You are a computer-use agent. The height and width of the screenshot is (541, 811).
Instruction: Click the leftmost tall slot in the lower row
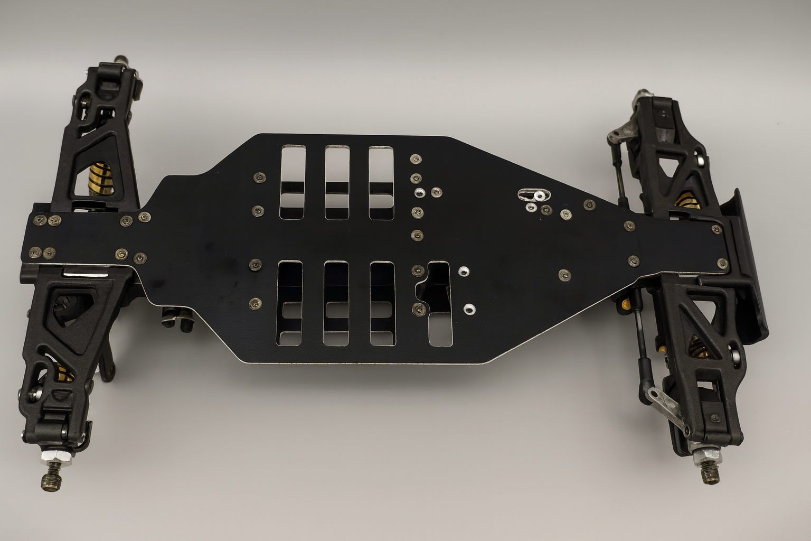click(x=290, y=303)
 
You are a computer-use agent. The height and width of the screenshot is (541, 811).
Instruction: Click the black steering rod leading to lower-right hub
click(x=641, y=343)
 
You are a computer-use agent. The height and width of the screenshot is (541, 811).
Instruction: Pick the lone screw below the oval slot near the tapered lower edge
click(x=564, y=274)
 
